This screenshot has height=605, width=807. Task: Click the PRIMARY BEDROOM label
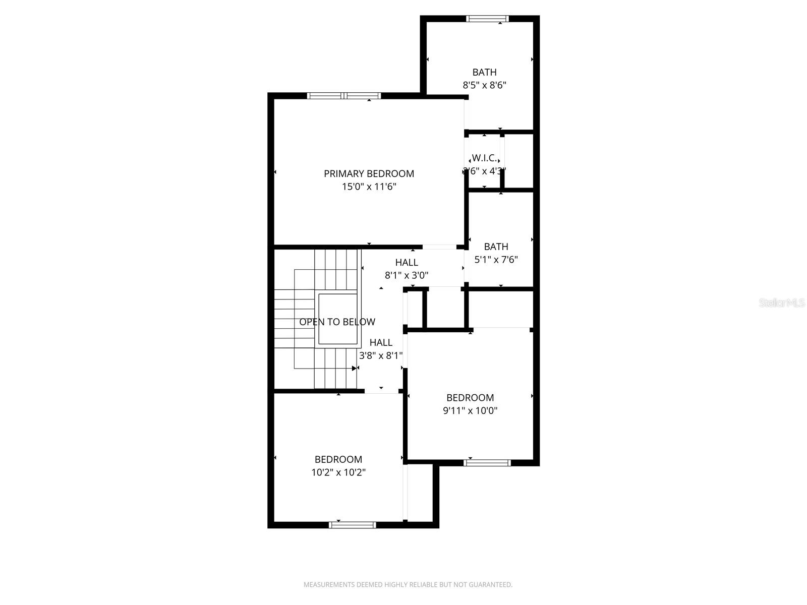tap(369, 173)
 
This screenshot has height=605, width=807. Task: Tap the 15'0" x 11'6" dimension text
tap(369, 187)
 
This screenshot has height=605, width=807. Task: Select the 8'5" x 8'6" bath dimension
tap(484, 85)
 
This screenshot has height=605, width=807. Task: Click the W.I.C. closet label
tap(484, 158)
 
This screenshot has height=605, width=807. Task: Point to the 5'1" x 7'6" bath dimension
tap(496, 260)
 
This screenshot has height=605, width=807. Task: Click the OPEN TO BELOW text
tap(337, 322)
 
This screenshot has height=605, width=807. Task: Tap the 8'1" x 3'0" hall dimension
tap(407, 275)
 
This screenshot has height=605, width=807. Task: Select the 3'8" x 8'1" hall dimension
tap(381, 355)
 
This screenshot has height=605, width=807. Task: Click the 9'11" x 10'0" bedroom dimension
tap(470, 410)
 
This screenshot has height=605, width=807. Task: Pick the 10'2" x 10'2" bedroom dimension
tap(338, 472)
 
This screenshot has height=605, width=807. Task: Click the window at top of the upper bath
tap(487, 19)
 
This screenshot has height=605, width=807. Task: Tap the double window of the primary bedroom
tap(344, 96)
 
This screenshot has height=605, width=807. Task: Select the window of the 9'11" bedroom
tap(487, 462)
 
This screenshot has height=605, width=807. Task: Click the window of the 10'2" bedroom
tap(352, 525)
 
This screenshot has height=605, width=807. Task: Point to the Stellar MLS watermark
tap(782, 303)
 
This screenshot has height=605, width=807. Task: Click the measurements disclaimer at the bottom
tap(408, 585)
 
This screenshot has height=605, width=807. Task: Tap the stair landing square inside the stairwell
tap(338, 319)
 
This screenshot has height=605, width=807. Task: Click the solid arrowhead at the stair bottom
tap(355, 368)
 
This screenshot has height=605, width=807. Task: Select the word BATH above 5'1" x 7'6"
tap(496, 247)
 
